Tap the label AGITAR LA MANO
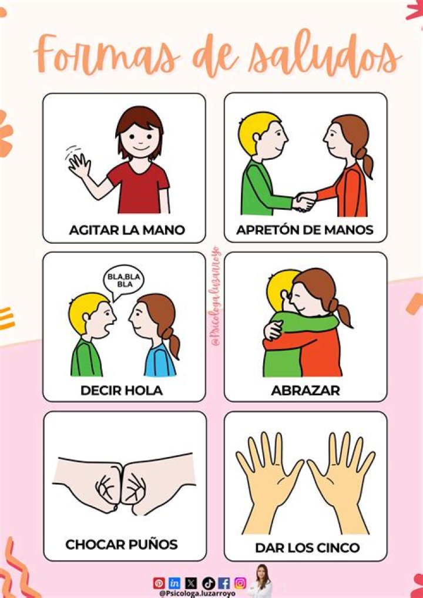pos(126,230)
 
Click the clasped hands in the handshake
pos(304,201)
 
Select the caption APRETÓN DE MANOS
pos(305,230)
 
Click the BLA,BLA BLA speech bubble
pos(125,280)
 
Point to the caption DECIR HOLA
pos(122,390)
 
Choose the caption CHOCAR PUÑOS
pos(122,545)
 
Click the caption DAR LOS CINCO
pos(307,548)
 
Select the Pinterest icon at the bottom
pos(159,583)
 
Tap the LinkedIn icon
pos(174,583)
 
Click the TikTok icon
pos(207,583)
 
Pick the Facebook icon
pos(224,583)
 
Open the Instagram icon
pos(240,583)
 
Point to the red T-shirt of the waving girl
pos(139,188)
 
